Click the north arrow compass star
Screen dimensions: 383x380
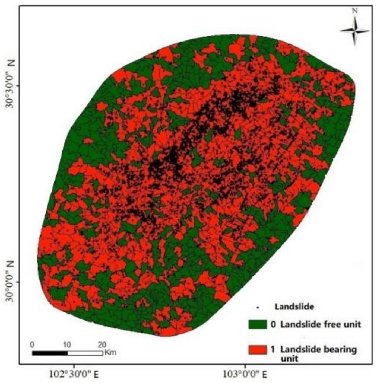(x=355, y=31)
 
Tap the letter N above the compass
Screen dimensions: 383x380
(x=355, y=11)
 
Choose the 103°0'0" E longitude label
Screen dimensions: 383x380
(x=245, y=374)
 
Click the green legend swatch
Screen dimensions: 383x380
(x=258, y=324)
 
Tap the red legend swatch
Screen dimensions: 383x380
(x=258, y=350)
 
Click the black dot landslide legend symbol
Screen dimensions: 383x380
(x=258, y=308)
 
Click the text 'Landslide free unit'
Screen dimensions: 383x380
(x=321, y=324)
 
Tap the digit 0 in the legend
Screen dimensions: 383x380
(x=273, y=324)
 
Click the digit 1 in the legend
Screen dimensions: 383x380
(x=273, y=349)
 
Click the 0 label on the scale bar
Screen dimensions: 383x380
(x=32, y=345)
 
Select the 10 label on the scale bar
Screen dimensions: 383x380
(x=67, y=345)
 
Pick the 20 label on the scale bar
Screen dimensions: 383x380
(x=102, y=345)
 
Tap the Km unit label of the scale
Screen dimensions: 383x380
(x=111, y=353)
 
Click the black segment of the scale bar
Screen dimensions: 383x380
(x=50, y=353)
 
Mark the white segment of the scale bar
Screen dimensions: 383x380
(x=85, y=353)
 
